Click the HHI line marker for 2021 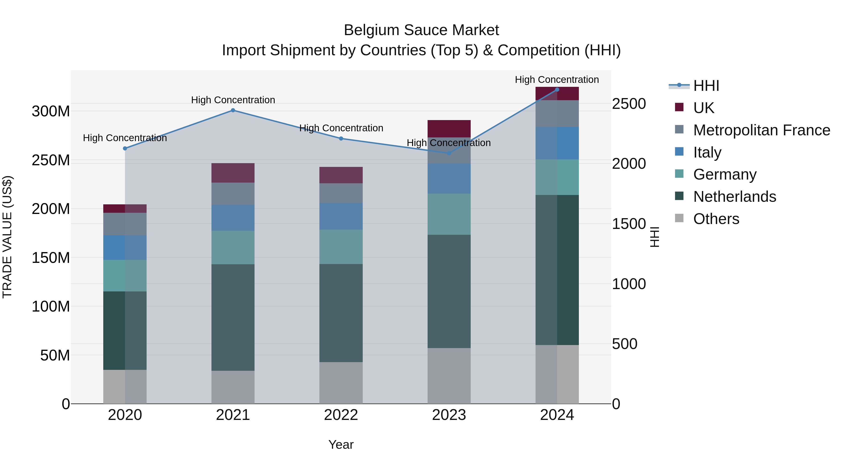(x=233, y=110)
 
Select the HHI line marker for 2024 (x=557, y=89)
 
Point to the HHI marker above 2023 (x=449, y=153)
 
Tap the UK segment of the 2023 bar (x=449, y=129)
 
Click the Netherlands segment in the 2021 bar (x=233, y=317)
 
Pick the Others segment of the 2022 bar (x=341, y=382)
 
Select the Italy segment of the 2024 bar (x=557, y=143)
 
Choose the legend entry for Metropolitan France (x=761, y=130)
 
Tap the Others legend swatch (x=679, y=218)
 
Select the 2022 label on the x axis (x=341, y=415)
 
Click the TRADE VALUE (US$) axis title (x=7, y=237)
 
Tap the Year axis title (x=341, y=445)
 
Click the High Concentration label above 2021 (x=233, y=100)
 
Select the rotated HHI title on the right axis (x=654, y=237)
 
